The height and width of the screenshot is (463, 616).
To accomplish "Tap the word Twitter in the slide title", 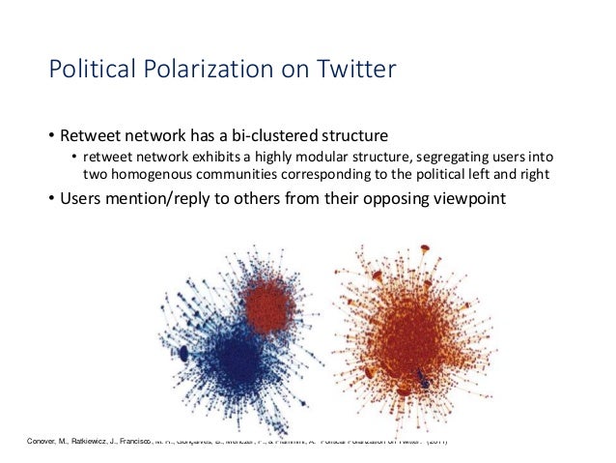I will click(350, 71).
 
